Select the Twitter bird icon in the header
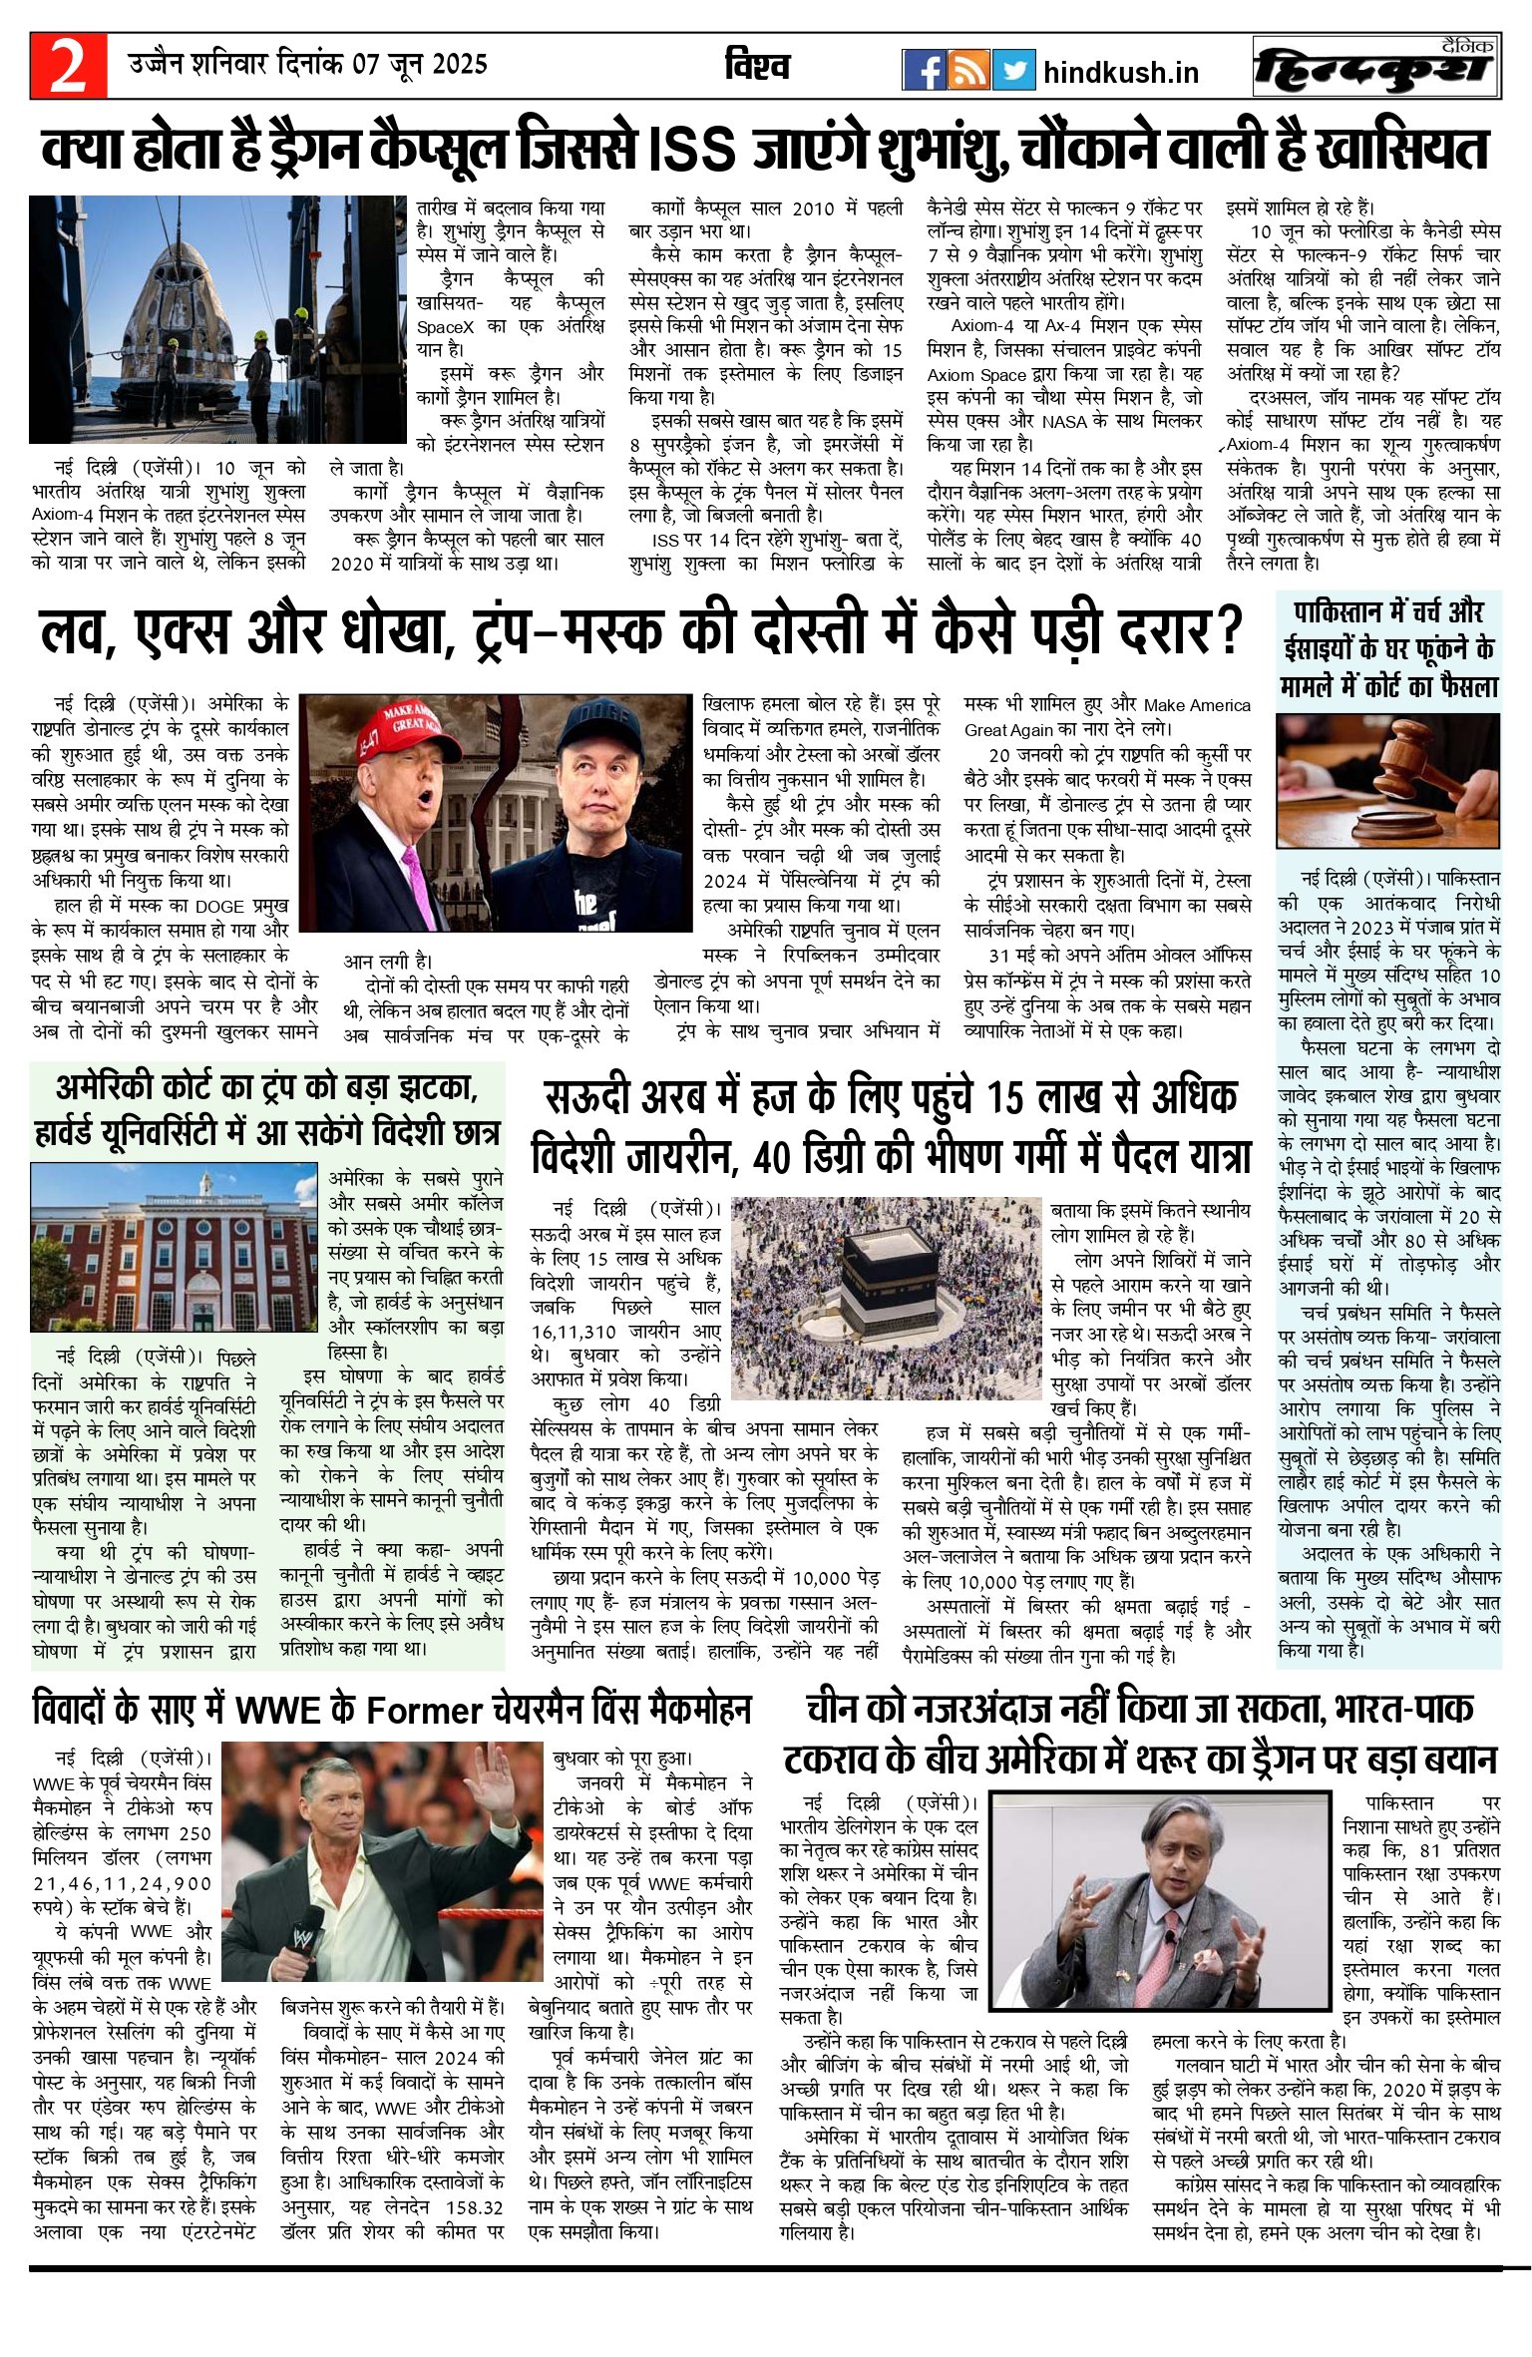(1013, 70)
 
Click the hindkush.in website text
(1120, 72)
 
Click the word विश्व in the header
(758, 67)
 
